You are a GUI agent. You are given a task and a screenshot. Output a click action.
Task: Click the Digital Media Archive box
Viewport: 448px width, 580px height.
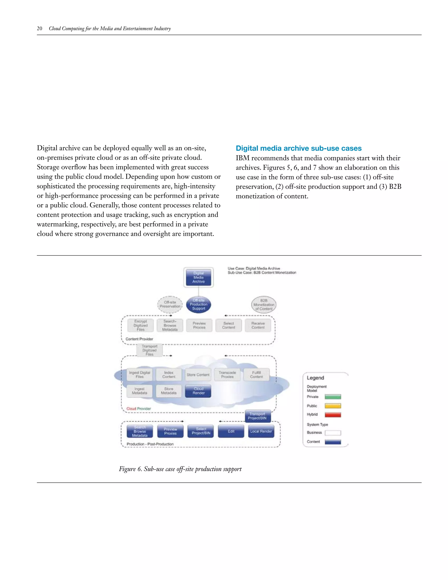[199, 277]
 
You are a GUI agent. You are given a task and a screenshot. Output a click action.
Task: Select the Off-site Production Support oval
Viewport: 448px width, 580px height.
[199, 304]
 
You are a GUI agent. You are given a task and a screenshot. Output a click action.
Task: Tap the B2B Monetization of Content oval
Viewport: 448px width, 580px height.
[264, 305]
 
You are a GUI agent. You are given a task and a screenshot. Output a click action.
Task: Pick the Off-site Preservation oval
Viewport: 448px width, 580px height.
[170, 304]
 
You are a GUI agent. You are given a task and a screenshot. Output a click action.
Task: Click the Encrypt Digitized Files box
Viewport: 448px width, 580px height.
[140, 325]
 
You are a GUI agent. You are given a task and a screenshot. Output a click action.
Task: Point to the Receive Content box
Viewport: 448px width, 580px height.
[258, 325]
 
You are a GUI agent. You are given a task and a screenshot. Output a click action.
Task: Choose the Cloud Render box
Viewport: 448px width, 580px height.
[198, 391]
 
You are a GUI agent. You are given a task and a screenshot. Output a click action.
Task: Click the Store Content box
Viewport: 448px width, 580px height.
[198, 375]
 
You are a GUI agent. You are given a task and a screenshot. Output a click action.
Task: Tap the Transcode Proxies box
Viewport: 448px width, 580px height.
[227, 375]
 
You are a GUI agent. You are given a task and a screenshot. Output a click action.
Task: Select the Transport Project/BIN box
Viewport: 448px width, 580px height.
[257, 416]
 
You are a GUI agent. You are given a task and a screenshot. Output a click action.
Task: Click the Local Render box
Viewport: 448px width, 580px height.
[261, 431]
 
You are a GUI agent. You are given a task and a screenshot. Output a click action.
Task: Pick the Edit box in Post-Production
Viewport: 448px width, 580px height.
[231, 431]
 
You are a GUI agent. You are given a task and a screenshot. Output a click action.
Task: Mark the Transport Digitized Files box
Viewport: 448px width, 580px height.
[149, 350]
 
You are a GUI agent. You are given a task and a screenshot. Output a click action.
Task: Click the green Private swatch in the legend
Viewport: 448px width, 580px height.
[333, 397]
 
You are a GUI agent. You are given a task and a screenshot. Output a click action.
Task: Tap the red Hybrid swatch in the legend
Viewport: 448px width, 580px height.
[333, 415]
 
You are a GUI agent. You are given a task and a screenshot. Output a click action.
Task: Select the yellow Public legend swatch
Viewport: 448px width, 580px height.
[333, 406]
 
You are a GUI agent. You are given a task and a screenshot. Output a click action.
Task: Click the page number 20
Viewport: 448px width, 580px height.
[40, 28]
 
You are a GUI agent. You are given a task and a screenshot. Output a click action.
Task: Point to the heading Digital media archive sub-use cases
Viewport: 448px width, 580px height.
[299, 148]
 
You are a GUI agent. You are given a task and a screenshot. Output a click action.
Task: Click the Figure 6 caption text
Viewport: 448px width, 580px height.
[180, 469]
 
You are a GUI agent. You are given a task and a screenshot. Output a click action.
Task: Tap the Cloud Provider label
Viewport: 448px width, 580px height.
[138, 409]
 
